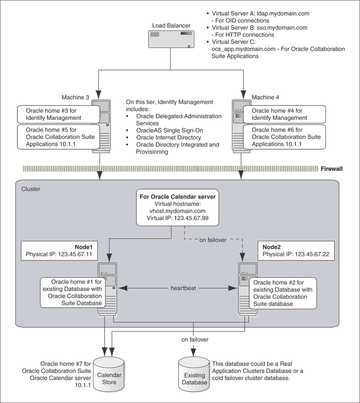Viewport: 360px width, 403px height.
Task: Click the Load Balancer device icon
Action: coord(171,40)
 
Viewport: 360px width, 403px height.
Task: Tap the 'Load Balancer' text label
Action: coord(171,25)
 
